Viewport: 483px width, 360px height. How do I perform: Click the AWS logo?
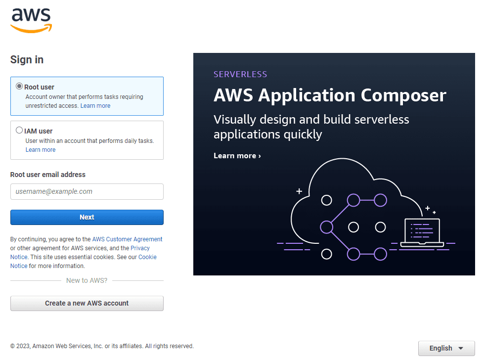(31, 21)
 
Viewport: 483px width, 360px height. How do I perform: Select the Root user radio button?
(19, 87)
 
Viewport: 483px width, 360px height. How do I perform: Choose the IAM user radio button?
(19, 131)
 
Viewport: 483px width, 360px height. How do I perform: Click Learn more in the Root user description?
(95, 106)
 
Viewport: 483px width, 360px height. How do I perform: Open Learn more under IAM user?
(41, 150)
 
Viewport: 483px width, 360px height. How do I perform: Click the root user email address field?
(87, 192)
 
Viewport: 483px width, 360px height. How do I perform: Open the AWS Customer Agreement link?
(127, 239)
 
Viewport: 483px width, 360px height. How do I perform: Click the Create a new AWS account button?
(87, 303)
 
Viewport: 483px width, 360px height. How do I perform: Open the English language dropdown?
(446, 348)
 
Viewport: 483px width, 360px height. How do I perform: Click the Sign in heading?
(27, 60)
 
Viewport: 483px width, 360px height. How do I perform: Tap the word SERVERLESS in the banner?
(240, 74)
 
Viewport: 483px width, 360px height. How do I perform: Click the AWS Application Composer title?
(330, 95)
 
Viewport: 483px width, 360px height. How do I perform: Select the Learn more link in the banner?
(237, 156)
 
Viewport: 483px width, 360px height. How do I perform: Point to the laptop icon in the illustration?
(422, 232)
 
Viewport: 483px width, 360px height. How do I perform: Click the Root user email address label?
(48, 175)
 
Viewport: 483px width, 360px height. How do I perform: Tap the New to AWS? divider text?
(87, 280)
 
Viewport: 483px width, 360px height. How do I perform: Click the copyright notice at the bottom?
(102, 346)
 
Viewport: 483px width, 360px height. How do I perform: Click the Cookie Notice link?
(147, 257)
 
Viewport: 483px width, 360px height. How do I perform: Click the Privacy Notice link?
(140, 248)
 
